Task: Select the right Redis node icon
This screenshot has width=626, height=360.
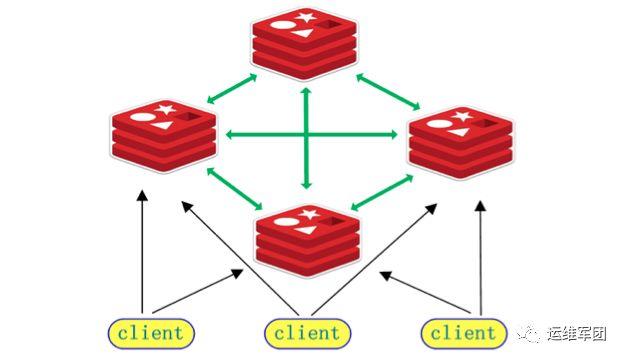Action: [460, 145]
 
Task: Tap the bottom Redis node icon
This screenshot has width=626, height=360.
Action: [307, 238]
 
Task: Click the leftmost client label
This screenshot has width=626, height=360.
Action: [150, 331]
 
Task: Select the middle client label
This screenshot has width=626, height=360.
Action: [306, 331]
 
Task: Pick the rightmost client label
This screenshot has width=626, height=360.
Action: [461, 331]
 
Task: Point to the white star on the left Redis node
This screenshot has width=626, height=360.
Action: [163, 108]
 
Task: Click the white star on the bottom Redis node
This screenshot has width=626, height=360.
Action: [309, 213]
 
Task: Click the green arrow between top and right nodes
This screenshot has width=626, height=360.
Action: [384, 89]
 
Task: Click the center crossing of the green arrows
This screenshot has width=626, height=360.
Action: [307, 134]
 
